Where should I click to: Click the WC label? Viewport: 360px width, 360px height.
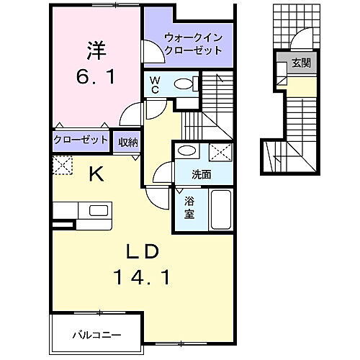click(154, 86)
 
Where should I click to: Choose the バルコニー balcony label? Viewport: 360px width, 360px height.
click(96, 335)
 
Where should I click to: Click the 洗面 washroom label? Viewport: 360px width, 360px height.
click(201, 174)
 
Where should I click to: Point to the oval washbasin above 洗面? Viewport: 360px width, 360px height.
click(186, 151)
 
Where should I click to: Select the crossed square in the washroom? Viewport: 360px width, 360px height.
click(220, 152)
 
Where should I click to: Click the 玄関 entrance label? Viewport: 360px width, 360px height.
click(301, 63)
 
